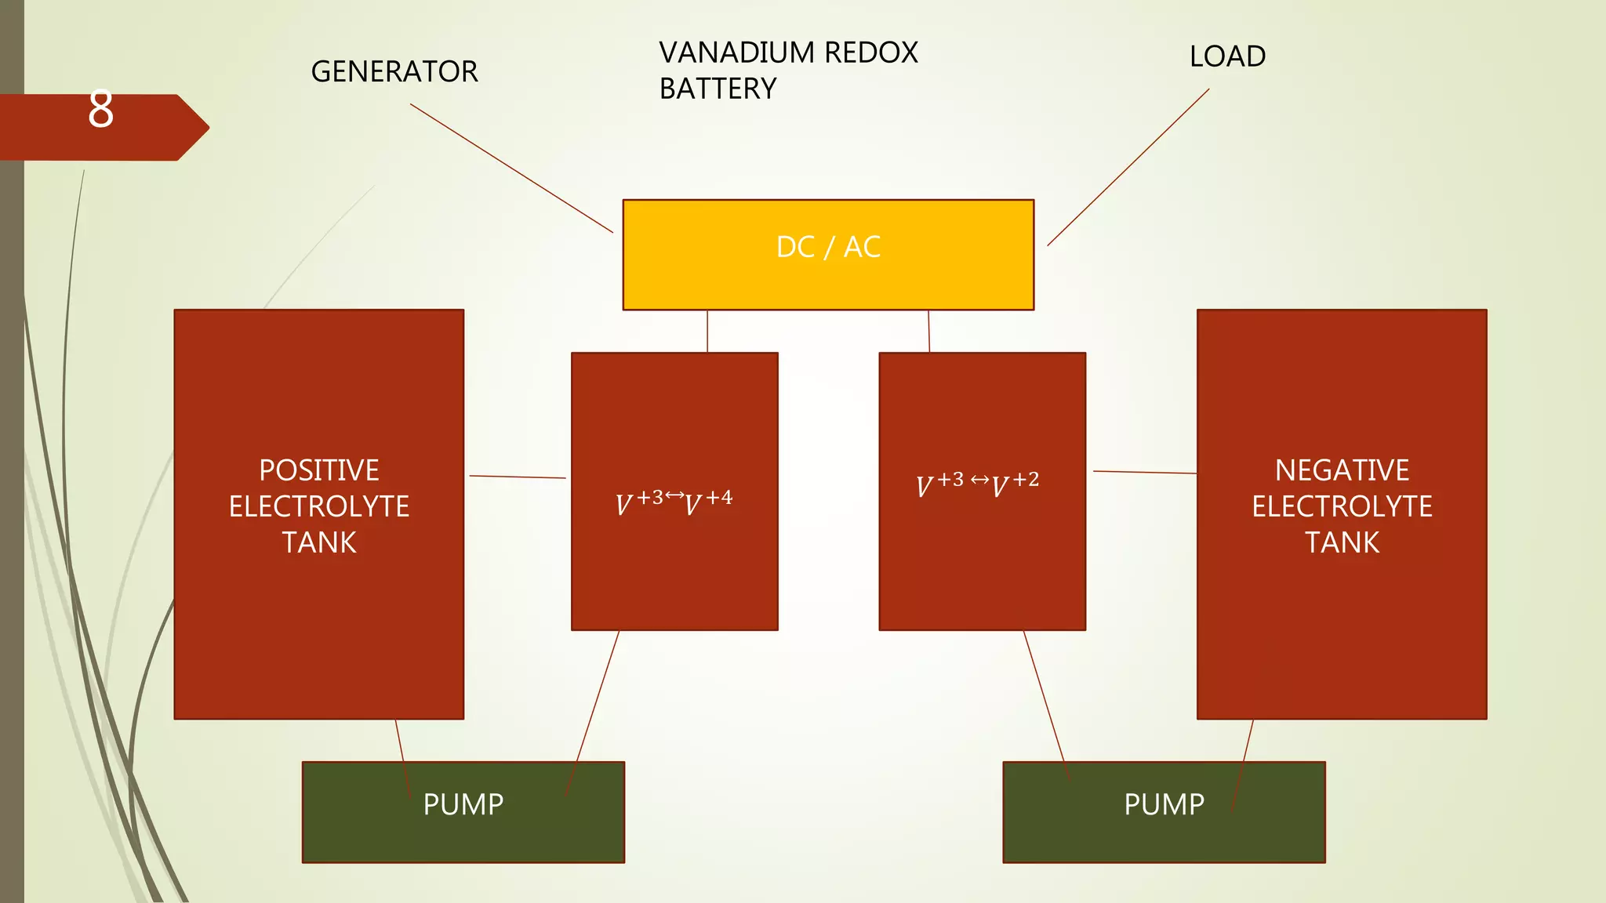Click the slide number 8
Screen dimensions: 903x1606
100,110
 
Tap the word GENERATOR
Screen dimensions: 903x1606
394,72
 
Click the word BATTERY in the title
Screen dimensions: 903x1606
718,89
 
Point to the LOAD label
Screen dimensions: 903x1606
1227,57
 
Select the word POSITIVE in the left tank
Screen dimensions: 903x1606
319,470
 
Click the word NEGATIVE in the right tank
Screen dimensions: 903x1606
1342,470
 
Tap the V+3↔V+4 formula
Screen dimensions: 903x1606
674,502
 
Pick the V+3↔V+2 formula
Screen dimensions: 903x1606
977,484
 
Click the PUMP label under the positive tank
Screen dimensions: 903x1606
463,805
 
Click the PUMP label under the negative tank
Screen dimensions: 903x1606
1164,805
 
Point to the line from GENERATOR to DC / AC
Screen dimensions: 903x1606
511,168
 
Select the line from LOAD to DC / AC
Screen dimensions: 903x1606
1128,167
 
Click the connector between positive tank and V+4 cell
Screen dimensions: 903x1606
518,477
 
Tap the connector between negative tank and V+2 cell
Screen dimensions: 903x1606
1145,472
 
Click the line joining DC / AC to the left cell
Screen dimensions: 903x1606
707,332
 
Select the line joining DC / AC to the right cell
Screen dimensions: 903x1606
929,332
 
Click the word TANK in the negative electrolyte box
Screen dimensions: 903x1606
1342,542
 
